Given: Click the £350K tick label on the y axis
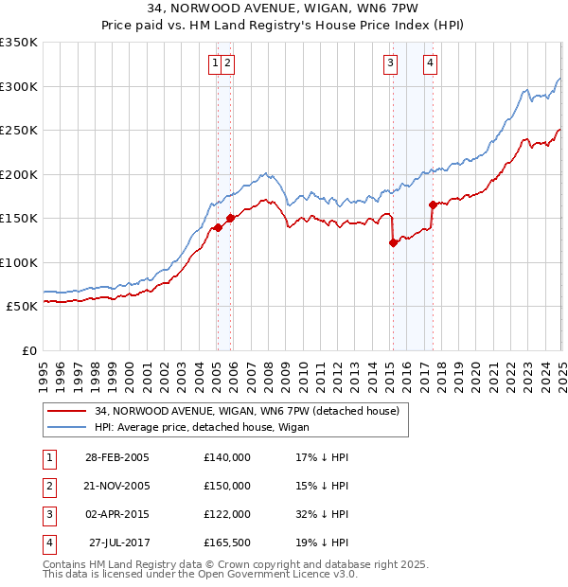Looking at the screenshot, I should coord(19,43).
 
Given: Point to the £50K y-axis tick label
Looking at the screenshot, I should coord(22,307).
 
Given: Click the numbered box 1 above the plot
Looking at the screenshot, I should coord(216,63).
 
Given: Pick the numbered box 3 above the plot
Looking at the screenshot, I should coord(390,63).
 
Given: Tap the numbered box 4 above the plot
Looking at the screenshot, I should coord(430,63).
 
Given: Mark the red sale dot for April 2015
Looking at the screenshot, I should coord(393,243).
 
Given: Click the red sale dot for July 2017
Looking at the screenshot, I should coord(433,205).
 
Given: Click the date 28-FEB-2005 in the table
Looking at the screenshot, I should coord(117,456).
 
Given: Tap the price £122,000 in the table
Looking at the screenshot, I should coord(227,514).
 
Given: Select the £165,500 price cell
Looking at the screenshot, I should coord(227,543).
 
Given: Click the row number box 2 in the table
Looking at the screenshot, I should coord(47,486).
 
